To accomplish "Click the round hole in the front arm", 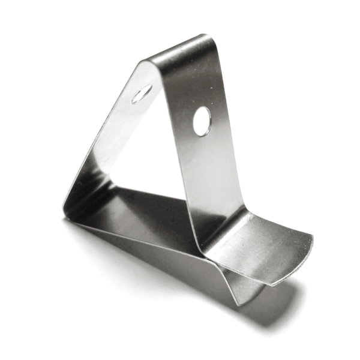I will (202, 121).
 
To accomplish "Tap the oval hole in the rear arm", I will (142, 94).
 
